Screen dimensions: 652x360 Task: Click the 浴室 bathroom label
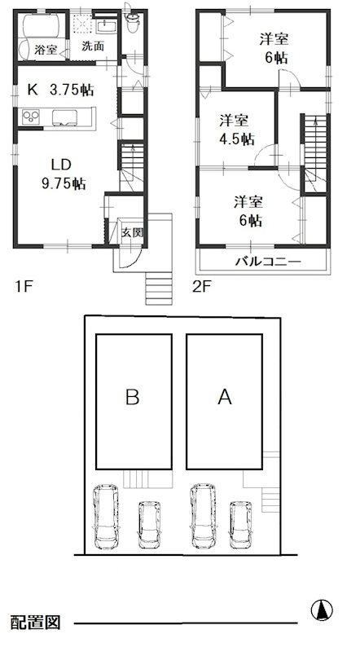coord(46,50)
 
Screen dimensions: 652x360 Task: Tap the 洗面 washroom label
coord(92,46)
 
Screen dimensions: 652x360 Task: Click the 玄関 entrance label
coord(133,232)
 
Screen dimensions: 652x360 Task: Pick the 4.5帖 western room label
coord(236,129)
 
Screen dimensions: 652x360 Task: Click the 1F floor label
coord(23,286)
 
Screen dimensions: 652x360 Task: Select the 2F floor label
coord(201,286)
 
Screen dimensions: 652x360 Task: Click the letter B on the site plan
coord(133,397)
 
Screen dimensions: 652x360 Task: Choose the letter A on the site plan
coord(226,397)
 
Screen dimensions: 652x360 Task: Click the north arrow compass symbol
coord(323,609)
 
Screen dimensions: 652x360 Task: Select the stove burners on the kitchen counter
coord(29,118)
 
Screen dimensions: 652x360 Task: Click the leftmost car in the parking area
coord(106,518)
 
